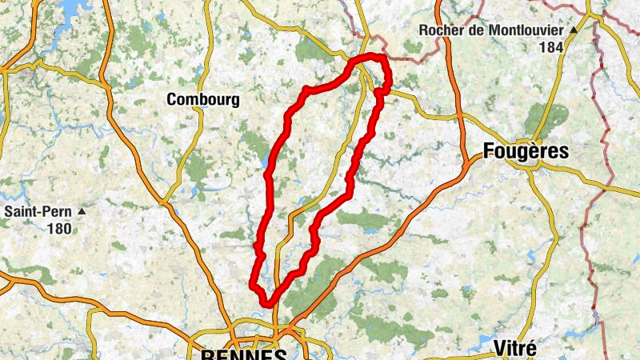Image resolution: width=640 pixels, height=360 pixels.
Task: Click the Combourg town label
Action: (202, 100)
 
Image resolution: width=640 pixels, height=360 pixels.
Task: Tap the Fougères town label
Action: (526, 150)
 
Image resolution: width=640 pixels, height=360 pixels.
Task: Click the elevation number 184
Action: (550, 47)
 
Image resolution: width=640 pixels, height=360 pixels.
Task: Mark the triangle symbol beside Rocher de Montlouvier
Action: (574, 30)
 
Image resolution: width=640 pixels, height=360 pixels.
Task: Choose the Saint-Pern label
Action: (38, 212)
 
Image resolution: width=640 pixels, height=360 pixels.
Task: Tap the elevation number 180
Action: (58, 229)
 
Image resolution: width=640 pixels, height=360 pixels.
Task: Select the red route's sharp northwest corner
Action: (305, 90)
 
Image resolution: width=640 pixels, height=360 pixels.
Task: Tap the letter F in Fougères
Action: (490, 150)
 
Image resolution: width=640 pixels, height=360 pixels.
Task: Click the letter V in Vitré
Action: (499, 348)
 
